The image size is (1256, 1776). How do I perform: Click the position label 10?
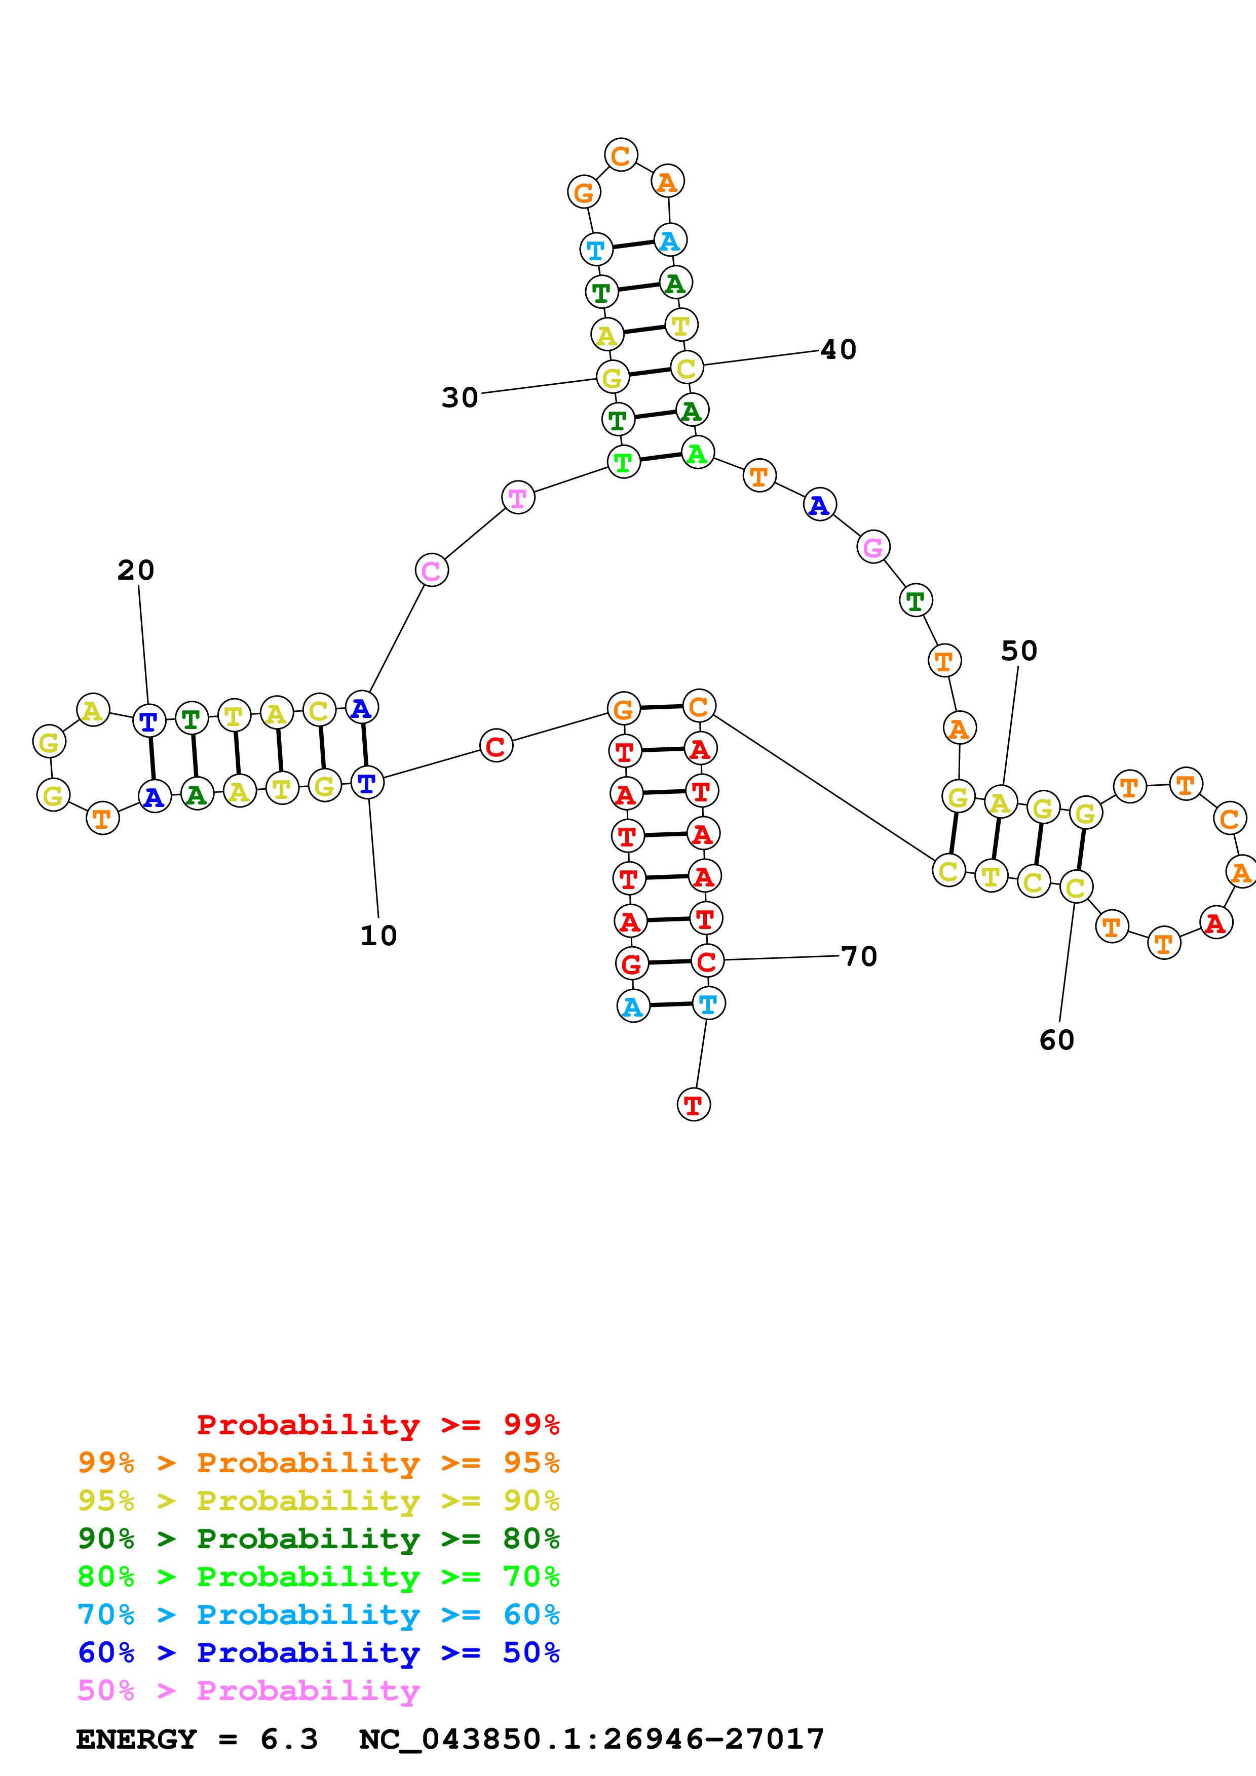click(x=378, y=936)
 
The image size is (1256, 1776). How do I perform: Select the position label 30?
click(x=460, y=397)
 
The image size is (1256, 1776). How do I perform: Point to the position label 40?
click(x=838, y=350)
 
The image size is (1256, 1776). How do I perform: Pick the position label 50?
click(x=1018, y=651)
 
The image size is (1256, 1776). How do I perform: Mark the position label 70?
click(x=859, y=957)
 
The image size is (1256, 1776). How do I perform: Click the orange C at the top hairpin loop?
click(x=621, y=155)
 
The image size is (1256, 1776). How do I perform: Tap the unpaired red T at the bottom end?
click(x=694, y=1105)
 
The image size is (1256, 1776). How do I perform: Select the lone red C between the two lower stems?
click(x=496, y=746)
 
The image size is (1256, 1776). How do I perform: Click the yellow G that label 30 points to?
click(x=612, y=378)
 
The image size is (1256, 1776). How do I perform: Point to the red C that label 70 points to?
click(x=707, y=961)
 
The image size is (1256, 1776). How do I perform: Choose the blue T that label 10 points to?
click(x=367, y=783)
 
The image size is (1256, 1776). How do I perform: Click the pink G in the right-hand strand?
click(x=873, y=548)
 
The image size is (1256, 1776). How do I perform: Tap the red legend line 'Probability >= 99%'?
click(x=377, y=1424)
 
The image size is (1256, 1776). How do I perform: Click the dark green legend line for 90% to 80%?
click(x=318, y=1539)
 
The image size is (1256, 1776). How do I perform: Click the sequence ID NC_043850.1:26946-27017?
click(x=592, y=1739)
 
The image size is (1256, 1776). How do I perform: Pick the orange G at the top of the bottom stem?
click(x=623, y=709)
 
